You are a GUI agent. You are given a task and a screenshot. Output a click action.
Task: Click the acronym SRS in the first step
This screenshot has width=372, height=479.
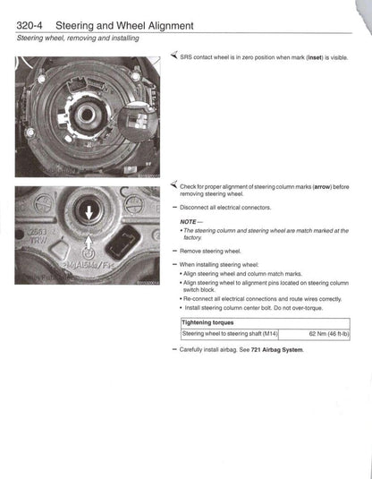185,56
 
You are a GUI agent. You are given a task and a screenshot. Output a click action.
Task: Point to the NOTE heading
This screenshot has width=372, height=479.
190,220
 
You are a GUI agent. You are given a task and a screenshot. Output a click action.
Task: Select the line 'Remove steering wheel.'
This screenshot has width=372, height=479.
210,252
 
